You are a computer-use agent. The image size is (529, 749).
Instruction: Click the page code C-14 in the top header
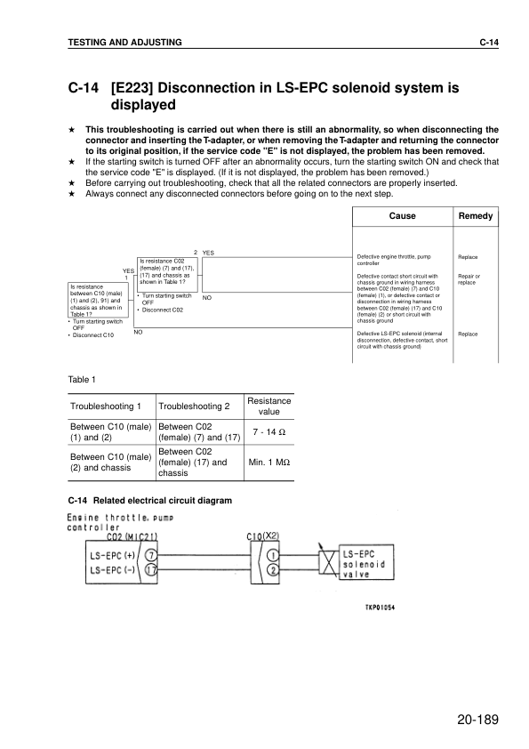pos(488,42)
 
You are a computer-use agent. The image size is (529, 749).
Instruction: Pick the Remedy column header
pos(476,216)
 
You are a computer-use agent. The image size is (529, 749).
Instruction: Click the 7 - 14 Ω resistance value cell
pos(269,431)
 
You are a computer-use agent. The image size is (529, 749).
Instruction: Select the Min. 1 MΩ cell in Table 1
pos(269,463)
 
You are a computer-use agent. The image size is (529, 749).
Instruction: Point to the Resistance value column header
pos(269,407)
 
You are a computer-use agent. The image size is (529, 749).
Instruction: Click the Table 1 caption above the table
pos(82,380)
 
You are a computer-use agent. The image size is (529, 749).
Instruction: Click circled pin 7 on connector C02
pos(150,554)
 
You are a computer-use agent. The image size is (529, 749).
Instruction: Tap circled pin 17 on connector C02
pos(150,568)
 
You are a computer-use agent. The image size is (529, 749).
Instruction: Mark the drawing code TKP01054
pos(379,608)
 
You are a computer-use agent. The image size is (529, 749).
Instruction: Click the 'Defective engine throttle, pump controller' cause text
pos(391,260)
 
